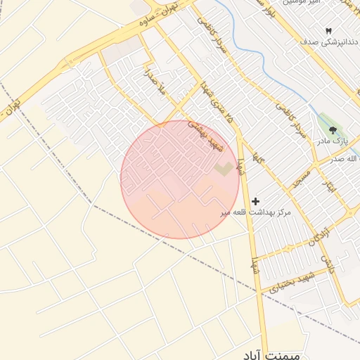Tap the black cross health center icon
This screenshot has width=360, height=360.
coord(255,201)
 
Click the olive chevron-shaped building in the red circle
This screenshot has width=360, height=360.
coord(224,169)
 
